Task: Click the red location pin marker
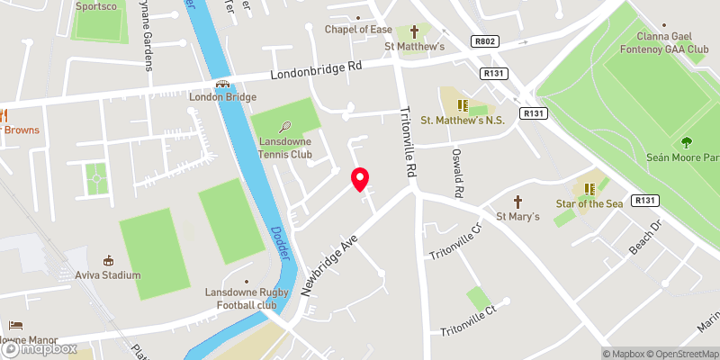point(360,179)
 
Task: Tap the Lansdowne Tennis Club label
point(284,148)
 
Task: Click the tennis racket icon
point(285,127)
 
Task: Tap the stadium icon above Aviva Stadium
point(109,260)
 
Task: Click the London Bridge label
point(222,97)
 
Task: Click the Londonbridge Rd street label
point(314,70)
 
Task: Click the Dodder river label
point(281,241)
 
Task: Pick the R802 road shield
point(484,40)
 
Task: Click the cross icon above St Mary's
point(517,202)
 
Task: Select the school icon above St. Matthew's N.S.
point(464,107)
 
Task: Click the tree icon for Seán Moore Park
point(688,142)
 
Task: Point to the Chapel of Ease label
point(358,29)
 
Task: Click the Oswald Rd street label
point(457,173)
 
